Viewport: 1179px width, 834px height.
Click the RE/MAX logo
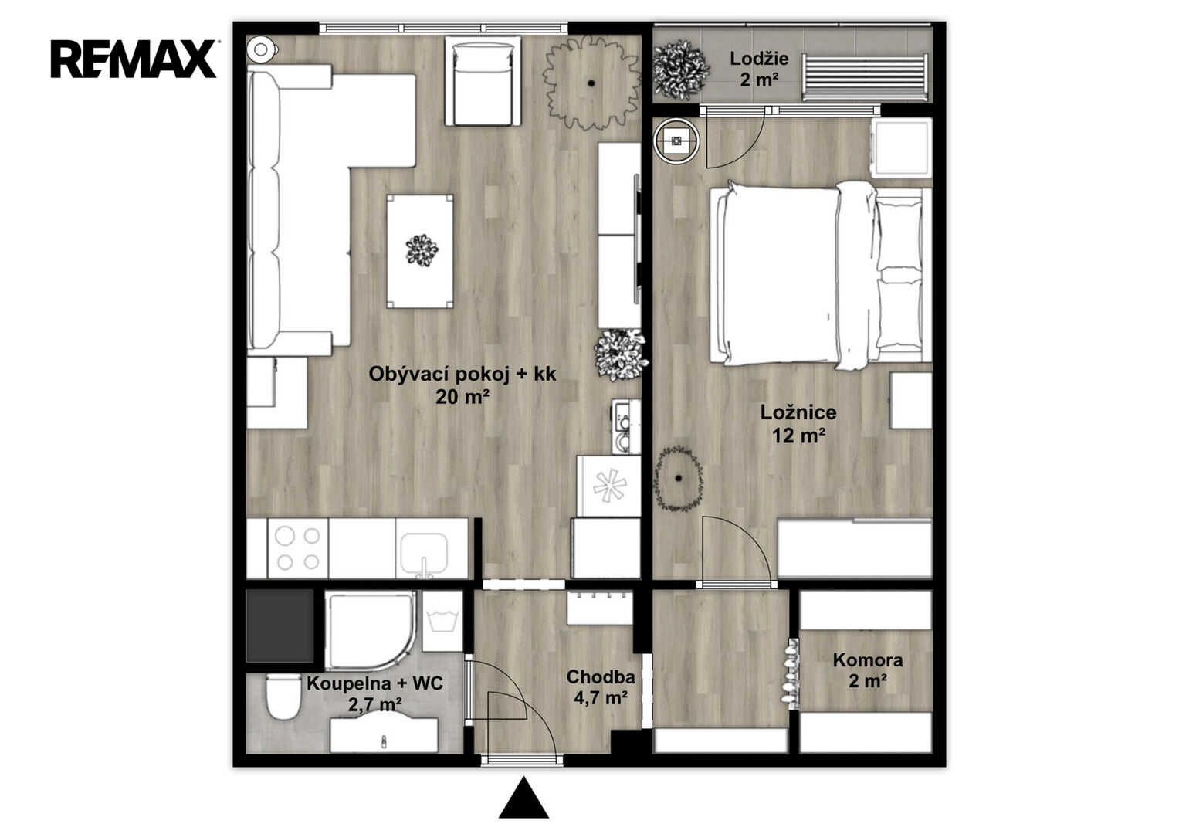point(133,59)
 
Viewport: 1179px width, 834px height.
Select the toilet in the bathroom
point(283,697)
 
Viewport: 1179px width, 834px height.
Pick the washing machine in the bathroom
point(442,622)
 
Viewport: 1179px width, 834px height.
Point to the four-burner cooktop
point(298,548)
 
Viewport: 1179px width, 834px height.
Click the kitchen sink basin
point(424,554)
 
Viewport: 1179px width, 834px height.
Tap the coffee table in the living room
point(419,251)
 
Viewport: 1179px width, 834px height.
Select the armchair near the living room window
point(483,80)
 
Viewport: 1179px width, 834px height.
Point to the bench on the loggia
point(865,77)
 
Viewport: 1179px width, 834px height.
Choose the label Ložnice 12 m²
point(798,424)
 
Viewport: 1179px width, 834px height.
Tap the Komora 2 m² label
point(867,670)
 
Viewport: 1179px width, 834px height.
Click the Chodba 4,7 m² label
point(601,687)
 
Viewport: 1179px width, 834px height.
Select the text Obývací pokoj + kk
point(462,374)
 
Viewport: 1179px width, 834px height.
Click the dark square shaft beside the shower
point(280,625)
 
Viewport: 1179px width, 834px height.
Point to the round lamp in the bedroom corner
point(676,141)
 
